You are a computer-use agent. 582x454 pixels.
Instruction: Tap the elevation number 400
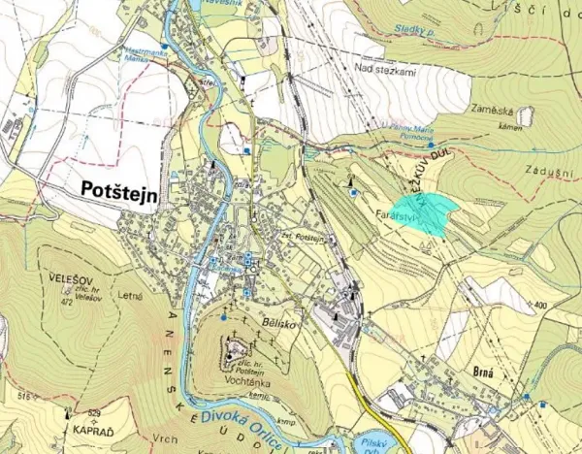[x=539, y=306]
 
